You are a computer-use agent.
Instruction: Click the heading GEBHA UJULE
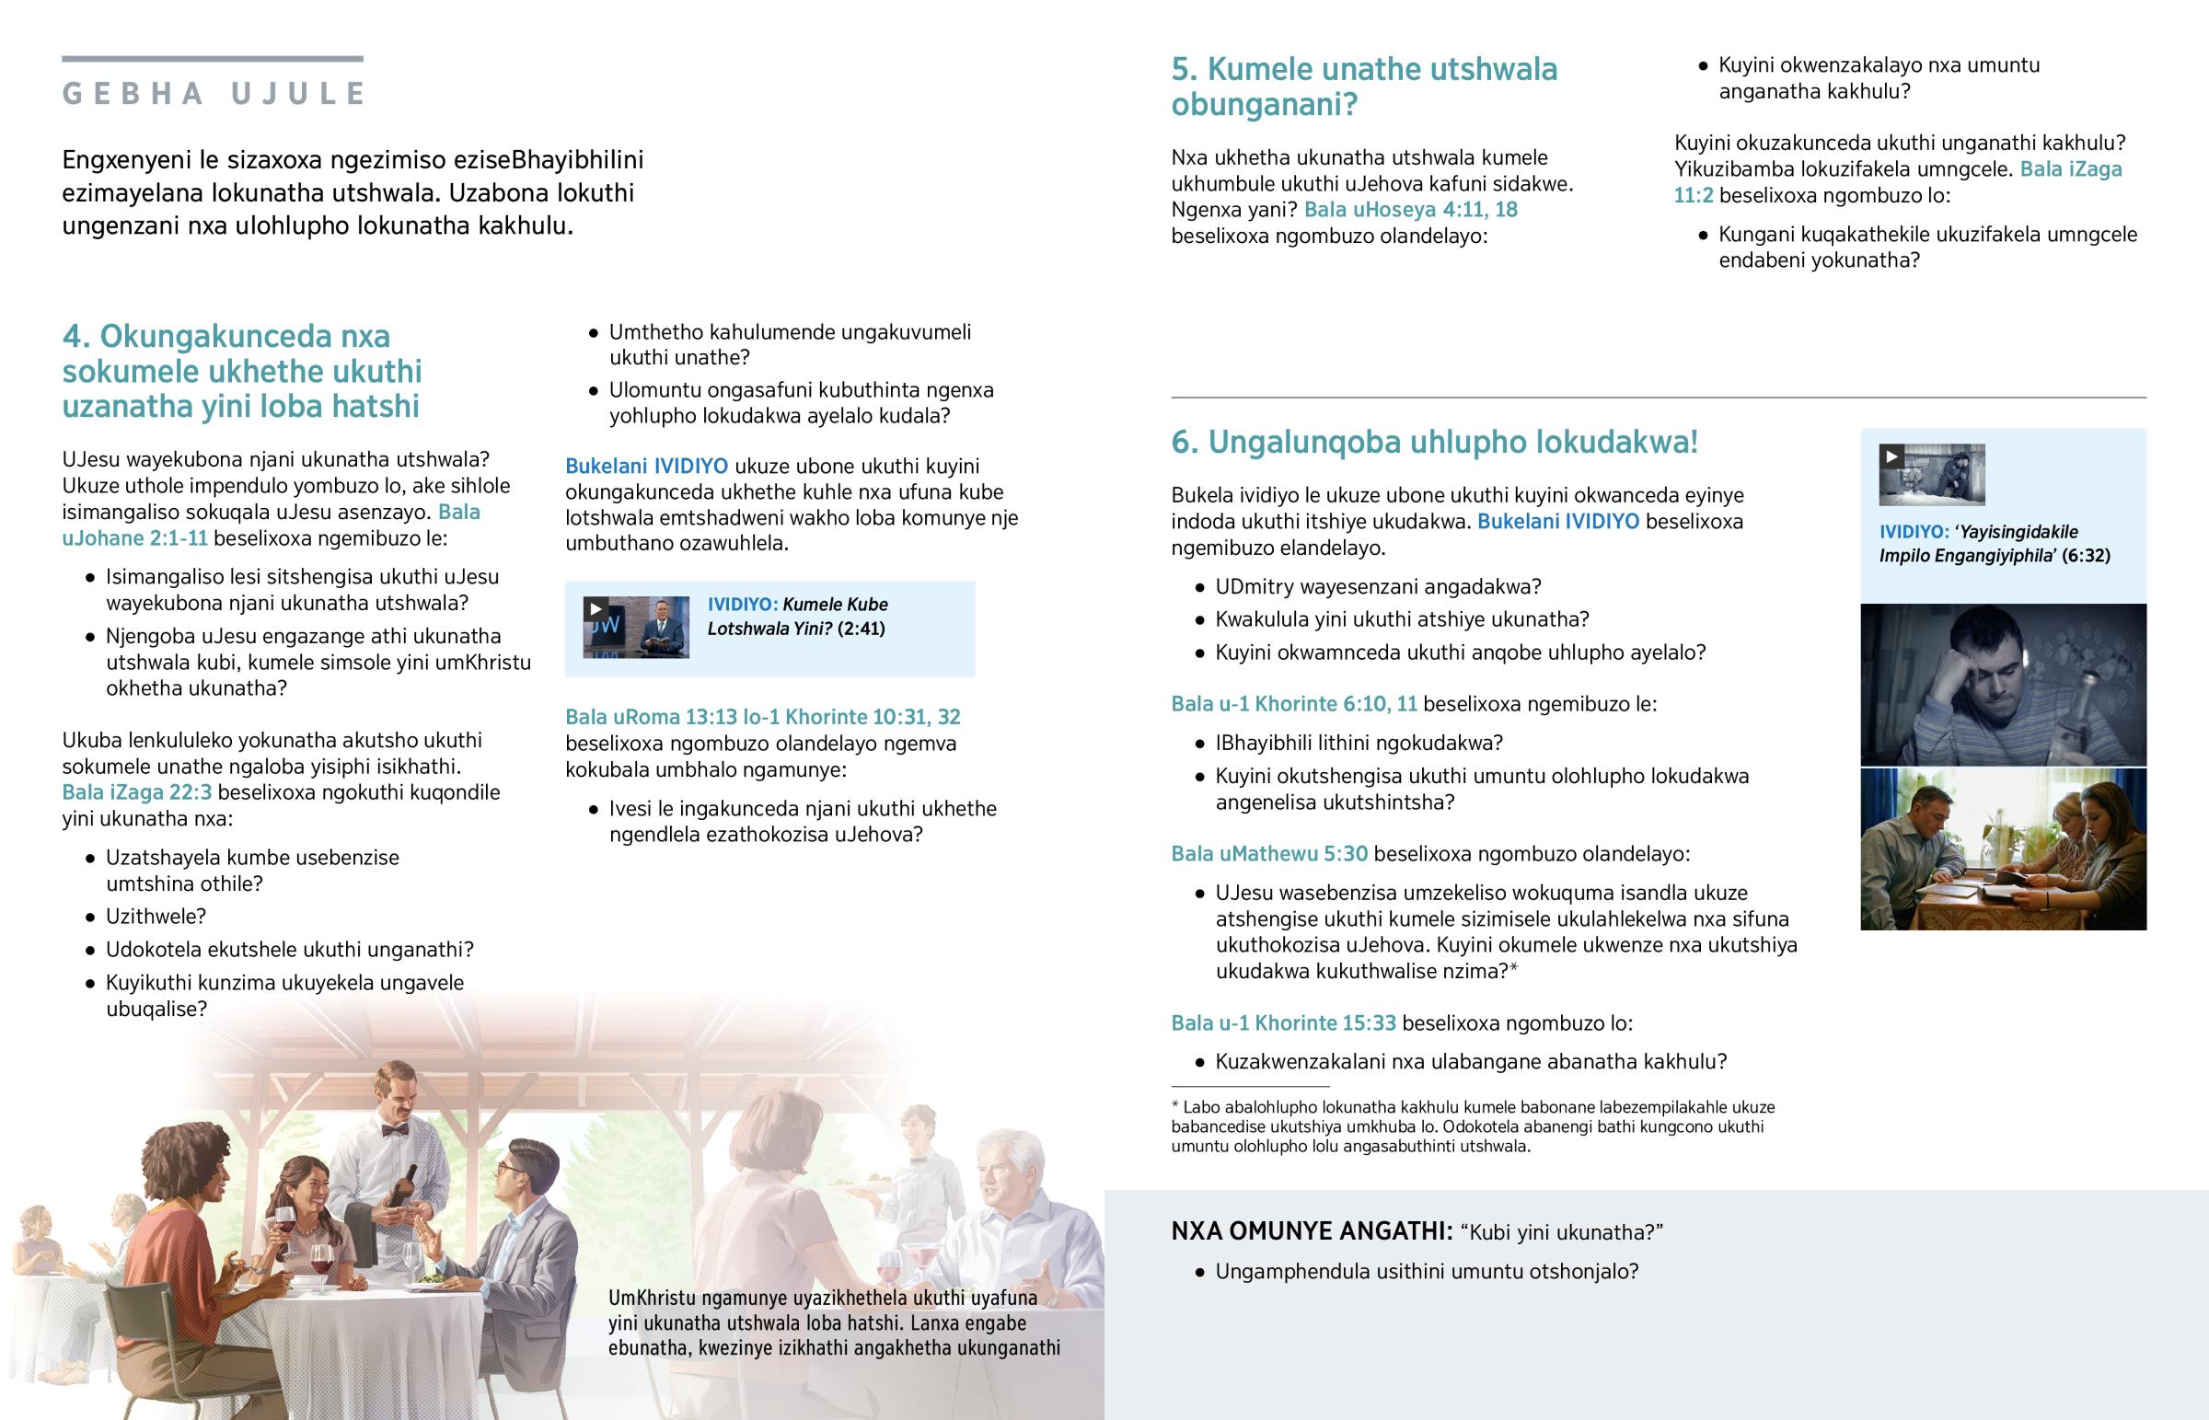(x=213, y=93)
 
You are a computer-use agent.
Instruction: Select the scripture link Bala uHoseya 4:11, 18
(x=1411, y=209)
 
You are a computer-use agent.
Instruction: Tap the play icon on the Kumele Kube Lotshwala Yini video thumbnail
(x=596, y=608)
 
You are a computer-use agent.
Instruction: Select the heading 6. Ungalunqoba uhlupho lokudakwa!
(x=1434, y=442)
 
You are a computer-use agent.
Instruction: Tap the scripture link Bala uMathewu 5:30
(x=1268, y=854)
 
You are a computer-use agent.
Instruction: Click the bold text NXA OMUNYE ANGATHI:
(x=1312, y=1231)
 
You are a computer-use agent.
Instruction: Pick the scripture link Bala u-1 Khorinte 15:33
(x=1282, y=1022)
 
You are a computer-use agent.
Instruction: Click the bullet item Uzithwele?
(x=156, y=917)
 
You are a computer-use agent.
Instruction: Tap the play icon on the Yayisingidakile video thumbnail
(x=1891, y=456)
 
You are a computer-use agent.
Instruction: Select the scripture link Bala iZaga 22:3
(x=136, y=792)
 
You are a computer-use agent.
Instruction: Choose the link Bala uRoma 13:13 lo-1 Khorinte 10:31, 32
(x=762, y=717)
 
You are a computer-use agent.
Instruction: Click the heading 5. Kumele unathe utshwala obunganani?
(x=1363, y=86)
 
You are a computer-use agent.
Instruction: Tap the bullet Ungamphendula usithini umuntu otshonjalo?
(x=1427, y=1272)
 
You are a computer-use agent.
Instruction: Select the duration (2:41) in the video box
(x=862, y=629)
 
